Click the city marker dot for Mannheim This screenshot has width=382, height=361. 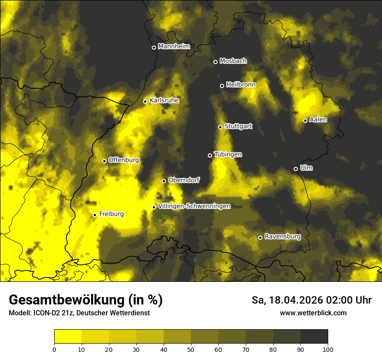[x=154, y=48]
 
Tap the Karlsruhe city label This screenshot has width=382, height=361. [x=164, y=100]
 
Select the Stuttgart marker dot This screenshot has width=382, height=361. [x=220, y=127]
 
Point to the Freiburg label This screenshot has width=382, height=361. [x=111, y=214]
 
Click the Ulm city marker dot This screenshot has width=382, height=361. [x=296, y=169]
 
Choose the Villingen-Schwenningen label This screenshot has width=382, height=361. [x=194, y=206]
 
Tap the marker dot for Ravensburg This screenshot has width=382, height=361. [x=260, y=237]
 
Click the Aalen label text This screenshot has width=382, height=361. [x=318, y=120]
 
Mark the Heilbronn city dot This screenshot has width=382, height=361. [x=222, y=86]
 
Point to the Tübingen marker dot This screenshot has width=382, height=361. [x=210, y=155]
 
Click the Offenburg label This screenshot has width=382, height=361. [x=123, y=160]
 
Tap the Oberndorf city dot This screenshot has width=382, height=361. [x=164, y=181]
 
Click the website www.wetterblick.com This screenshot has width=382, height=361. [x=313, y=313]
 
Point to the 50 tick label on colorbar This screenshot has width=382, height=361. [x=191, y=349]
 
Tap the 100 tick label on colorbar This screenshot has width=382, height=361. [x=328, y=349]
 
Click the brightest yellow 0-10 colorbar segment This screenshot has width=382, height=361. [x=68, y=337]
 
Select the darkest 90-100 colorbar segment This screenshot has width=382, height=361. [x=314, y=337]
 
